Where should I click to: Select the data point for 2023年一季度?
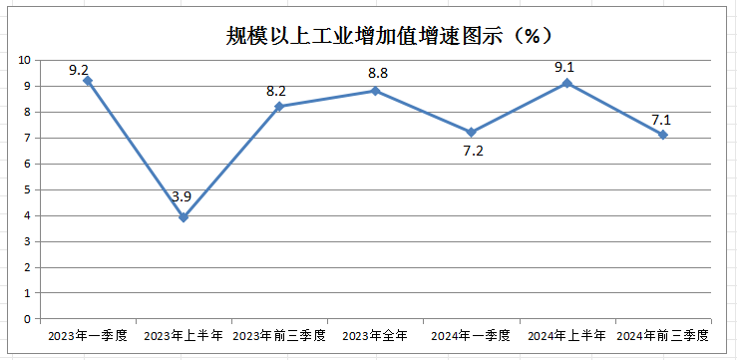pos(88,81)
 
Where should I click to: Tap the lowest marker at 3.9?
pos(184,217)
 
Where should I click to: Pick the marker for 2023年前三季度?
pos(279,106)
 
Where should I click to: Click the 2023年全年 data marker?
pos(375,91)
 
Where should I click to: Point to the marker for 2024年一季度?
pos(471,132)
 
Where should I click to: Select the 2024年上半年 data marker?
pos(566,83)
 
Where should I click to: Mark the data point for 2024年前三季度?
pos(662,135)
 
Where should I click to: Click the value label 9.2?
pos(80,70)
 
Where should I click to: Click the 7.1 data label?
pos(662,120)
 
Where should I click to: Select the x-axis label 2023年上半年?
pos(184,335)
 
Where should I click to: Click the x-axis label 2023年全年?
pos(375,335)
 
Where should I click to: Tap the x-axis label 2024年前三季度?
pos(662,335)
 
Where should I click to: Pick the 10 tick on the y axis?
pos(24,60)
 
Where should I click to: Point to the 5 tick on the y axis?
pos(27,189)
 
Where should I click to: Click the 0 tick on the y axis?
pos(27,319)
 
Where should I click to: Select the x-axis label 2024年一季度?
pos(471,335)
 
